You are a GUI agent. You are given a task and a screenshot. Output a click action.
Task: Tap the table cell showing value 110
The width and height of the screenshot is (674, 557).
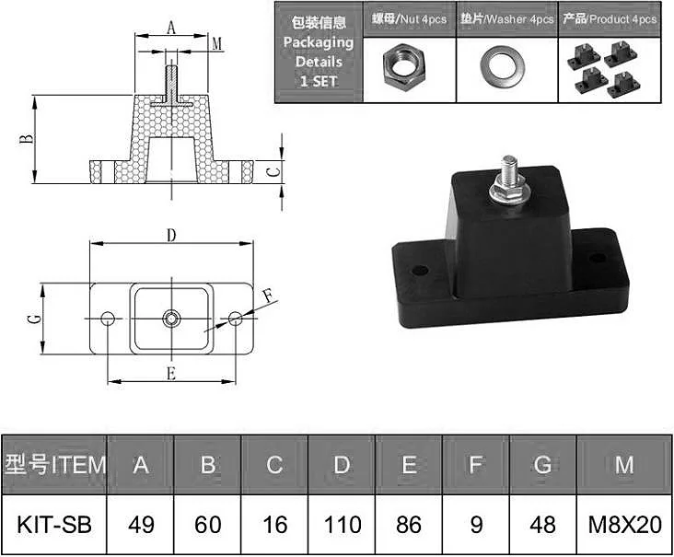tap(342, 525)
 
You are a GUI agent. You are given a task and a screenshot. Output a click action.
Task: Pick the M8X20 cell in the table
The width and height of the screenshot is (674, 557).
tap(625, 525)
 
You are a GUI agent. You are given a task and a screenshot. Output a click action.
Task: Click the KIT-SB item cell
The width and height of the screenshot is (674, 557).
tap(54, 525)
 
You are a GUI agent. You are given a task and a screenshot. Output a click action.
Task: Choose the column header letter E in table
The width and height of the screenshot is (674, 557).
tap(409, 465)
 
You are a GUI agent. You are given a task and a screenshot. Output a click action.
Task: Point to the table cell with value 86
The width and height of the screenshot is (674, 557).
tap(409, 525)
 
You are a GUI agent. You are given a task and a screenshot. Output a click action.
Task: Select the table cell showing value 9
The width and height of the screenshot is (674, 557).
tap(476, 525)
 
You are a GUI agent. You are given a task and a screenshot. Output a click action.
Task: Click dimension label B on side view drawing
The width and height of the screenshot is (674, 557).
tap(27, 139)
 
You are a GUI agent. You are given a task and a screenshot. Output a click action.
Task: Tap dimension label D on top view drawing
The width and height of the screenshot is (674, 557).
tap(170, 235)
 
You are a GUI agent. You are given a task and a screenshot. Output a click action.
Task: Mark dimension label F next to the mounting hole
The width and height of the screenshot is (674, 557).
tap(267, 296)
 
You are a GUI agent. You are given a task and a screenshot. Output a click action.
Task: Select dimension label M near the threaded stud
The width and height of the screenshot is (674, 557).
tap(216, 43)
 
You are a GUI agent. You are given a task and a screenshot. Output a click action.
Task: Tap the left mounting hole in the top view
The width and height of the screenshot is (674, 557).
tap(108, 318)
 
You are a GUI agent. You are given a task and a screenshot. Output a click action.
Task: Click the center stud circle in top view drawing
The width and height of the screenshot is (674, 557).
tap(171, 318)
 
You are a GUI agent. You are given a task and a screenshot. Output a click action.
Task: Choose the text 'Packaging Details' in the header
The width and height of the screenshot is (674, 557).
tap(319, 52)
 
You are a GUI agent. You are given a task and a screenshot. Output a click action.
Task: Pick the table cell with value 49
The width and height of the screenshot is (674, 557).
tap(141, 525)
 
